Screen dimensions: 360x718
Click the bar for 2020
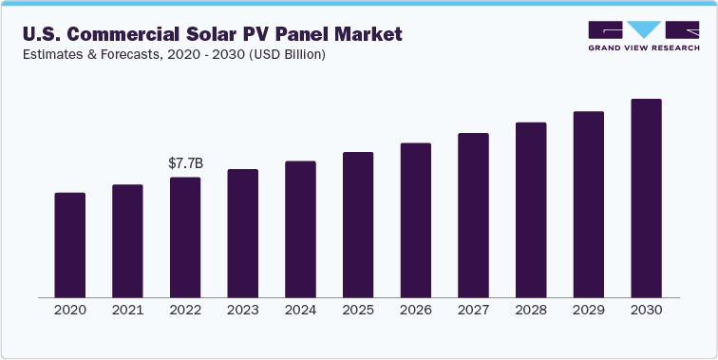pyautogui.click(x=70, y=244)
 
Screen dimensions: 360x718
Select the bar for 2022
pyautogui.click(x=185, y=237)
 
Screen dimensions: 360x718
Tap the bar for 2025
pyautogui.click(x=358, y=224)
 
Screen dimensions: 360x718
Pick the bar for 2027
pyautogui.click(x=473, y=215)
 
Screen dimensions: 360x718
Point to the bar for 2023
pyautogui.click(x=243, y=233)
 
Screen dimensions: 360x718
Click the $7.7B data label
pyautogui.click(x=184, y=163)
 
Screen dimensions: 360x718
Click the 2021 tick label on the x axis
pyautogui.click(x=127, y=311)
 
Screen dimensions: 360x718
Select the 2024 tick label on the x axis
pyautogui.click(x=300, y=311)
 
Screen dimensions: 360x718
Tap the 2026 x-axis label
pyautogui.click(x=416, y=311)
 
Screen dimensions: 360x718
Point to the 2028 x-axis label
pyautogui.click(x=531, y=311)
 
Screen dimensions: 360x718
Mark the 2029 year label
pyautogui.click(x=589, y=311)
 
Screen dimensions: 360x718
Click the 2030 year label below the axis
pyautogui.click(x=646, y=311)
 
